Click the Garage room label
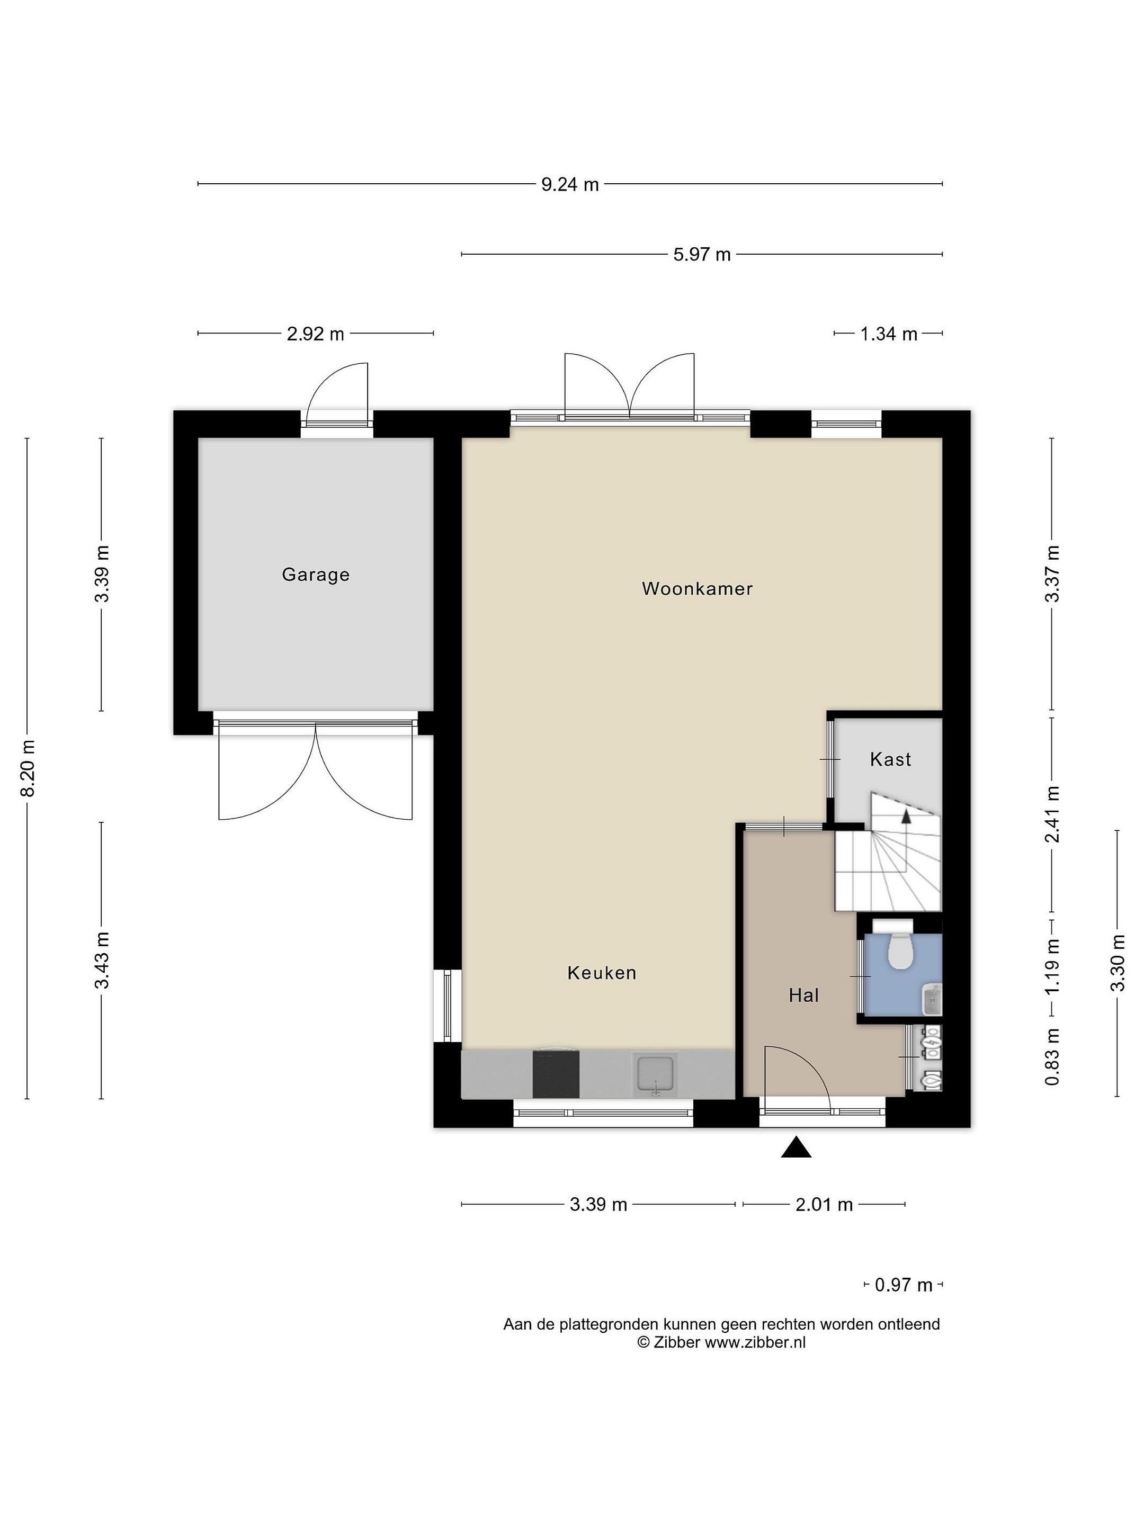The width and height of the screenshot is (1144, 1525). tap(316, 575)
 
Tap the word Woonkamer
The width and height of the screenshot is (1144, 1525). tap(697, 589)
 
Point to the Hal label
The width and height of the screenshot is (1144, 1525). tap(803, 995)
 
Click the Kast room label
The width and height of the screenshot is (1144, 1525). tap(890, 760)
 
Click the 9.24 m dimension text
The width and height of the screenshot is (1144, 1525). tap(569, 184)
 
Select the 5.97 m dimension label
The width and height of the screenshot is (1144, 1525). tap(702, 254)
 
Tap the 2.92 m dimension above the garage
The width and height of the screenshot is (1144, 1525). tap(315, 334)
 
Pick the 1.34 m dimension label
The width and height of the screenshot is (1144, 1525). tap(889, 334)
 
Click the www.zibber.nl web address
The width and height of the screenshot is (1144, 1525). tap(755, 1342)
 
